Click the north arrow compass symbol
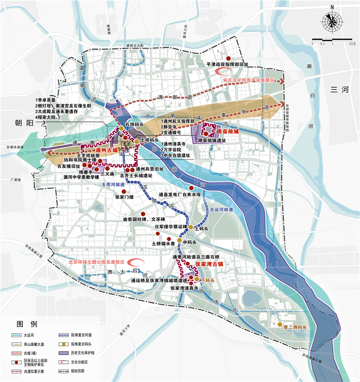point(332,21)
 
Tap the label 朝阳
point(21,123)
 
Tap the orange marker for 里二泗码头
point(279,325)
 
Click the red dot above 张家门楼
point(117,191)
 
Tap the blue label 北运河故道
point(221,209)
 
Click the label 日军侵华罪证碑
point(170,227)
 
